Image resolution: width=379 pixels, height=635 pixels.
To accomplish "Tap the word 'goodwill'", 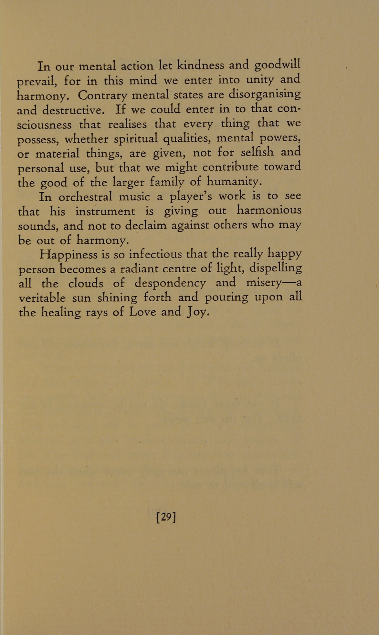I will [278, 66].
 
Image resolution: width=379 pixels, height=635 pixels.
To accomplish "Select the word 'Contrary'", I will [103, 96].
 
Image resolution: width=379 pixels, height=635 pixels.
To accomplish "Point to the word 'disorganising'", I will [265, 95].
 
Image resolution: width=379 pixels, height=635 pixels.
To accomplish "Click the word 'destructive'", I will [73, 110].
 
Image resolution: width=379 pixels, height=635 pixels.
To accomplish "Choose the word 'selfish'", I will [257, 152].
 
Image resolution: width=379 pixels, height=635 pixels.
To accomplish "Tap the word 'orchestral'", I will [85, 197].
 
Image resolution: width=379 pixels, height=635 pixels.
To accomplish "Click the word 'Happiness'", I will [68, 255].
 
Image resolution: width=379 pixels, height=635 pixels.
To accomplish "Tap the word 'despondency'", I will [170, 284].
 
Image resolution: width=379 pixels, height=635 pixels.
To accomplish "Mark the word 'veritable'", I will [42, 297].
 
